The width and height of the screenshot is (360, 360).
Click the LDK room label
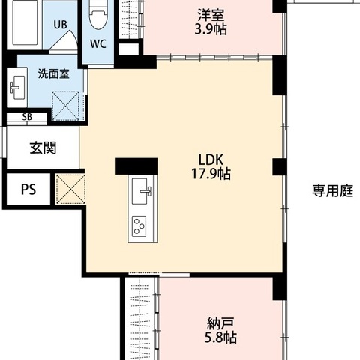point(211,160)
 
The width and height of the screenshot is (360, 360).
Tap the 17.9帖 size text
point(211,174)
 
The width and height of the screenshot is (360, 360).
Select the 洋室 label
point(211,15)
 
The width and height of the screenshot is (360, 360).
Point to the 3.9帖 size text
point(211,29)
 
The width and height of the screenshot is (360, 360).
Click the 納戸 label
point(220,323)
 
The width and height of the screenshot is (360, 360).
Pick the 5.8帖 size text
point(220,337)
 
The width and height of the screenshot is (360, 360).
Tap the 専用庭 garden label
point(333,191)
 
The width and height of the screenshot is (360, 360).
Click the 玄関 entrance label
point(43,148)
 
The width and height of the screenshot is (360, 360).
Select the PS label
point(28,190)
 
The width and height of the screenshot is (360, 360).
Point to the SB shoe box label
point(27,117)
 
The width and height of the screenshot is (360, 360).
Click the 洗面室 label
point(53,73)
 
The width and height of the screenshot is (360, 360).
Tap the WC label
point(98,44)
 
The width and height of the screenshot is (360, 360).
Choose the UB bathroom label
point(60,25)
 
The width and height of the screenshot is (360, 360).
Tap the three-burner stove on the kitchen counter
point(139,226)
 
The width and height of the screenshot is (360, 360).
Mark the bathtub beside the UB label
point(25,22)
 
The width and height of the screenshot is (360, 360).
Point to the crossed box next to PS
point(70,189)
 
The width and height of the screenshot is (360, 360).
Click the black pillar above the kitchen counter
point(136,166)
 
